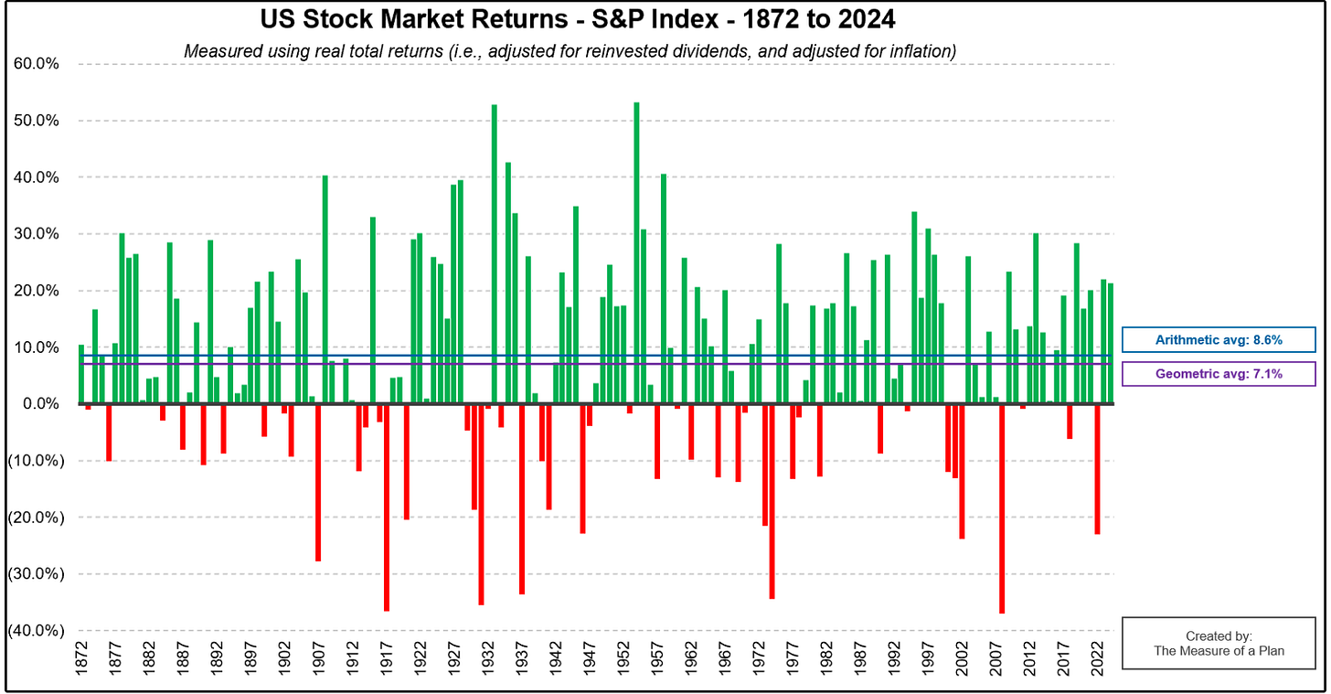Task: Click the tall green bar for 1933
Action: click(x=495, y=254)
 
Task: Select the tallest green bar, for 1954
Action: click(x=636, y=253)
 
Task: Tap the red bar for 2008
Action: click(x=1002, y=508)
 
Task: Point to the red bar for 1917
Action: click(x=386, y=507)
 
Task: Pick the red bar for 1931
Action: click(x=481, y=505)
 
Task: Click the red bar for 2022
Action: click(x=1098, y=469)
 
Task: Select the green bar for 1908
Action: click(x=325, y=289)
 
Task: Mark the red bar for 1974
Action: click(x=772, y=501)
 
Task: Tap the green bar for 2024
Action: click(x=1111, y=344)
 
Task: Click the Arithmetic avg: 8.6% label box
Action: click(x=1219, y=340)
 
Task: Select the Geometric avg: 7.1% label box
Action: click(x=1219, y=374)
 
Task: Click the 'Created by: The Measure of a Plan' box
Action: click(x=1219, y=644)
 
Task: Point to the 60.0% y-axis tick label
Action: click(x=37, y=64)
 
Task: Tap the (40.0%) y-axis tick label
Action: click(x=36, y=630)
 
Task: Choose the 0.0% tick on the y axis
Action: click(x=41, y=404)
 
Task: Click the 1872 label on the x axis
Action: click(x=81, y=658)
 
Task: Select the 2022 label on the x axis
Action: click(x=1098, y=658)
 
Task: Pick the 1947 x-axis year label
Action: click(x=590, y=658)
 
